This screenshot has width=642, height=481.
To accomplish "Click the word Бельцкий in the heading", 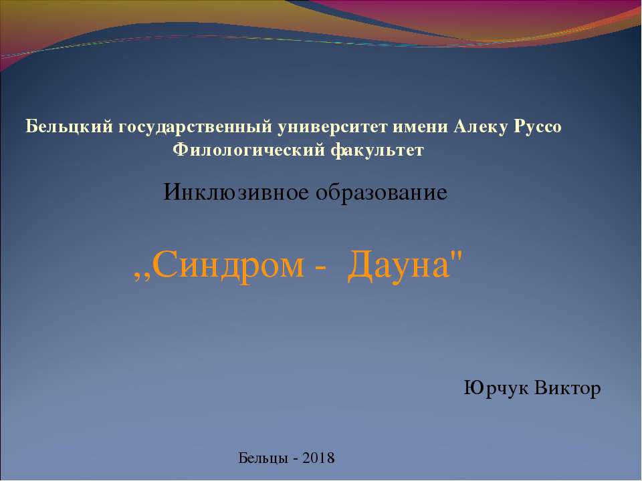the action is [69, 127].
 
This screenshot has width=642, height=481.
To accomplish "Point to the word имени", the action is [420, 127].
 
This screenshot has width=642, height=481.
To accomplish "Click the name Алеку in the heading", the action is [481, 127].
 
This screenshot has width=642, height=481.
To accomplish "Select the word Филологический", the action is [249, 150].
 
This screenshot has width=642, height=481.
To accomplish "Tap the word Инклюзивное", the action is [236, 192].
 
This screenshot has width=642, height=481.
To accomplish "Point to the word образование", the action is [382, 192].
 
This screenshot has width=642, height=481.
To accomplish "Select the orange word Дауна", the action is [399, 265].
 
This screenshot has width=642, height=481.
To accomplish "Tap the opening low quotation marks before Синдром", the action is [142, 277].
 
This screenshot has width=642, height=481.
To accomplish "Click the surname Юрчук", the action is [496, 388].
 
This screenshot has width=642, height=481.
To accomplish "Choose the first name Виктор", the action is [568, 387].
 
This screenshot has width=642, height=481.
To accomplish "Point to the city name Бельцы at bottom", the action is [263, 458].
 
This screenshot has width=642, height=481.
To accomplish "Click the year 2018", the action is [318, 458].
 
